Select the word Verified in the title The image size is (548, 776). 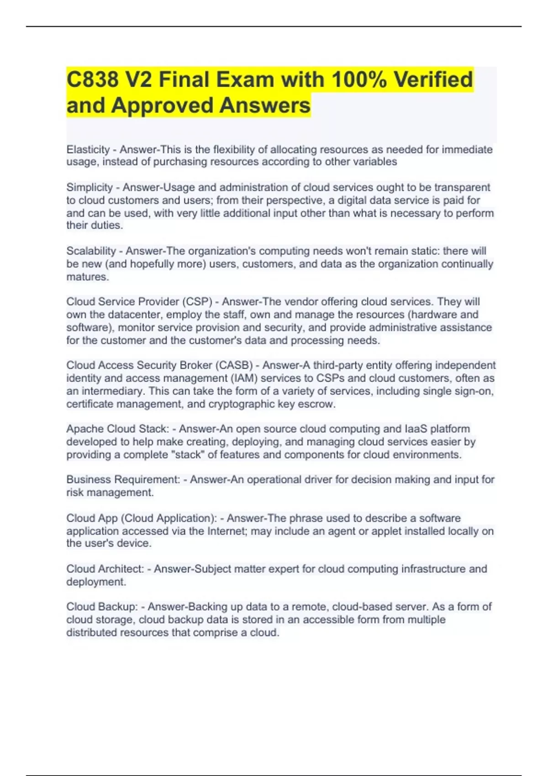tap(433, 80)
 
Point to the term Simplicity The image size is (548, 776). tap(90, 188)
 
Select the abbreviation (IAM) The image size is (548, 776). tap(237, 378)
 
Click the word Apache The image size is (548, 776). tap(84, 429)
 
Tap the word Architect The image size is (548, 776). tap(125, 569)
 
